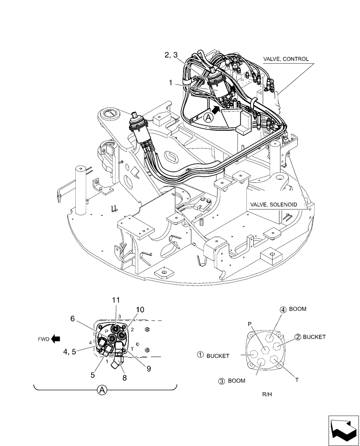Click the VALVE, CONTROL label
click(x=285, y=59)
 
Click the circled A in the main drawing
click(x=208, y=118)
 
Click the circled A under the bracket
click(x=102, y=390)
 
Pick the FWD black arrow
click(x=56, y=339)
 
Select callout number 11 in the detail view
click(x=116, y=301)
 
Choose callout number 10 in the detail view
click(x=140, y=310)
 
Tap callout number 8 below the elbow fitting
click(x=124, y=377)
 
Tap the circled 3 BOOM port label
click(x=232, y=381)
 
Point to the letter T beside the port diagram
click(x=297, y=380)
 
